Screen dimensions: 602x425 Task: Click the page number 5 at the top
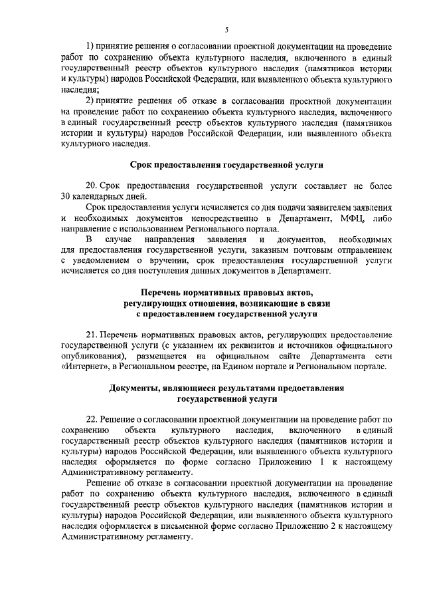(226, 30)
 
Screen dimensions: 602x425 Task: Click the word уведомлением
(94, 260)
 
